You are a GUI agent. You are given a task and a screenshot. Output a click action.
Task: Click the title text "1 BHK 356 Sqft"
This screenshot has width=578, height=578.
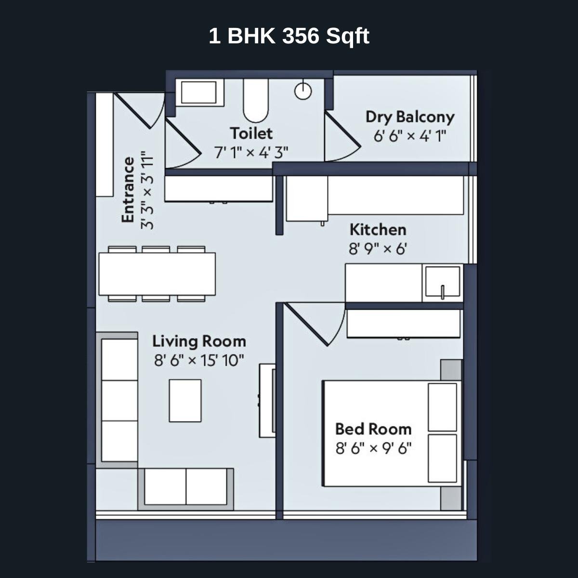coord(289,36)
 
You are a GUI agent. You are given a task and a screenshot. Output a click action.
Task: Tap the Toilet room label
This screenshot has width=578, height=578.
coord(251,133)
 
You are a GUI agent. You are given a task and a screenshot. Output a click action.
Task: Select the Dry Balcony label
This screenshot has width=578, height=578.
coord(409,117)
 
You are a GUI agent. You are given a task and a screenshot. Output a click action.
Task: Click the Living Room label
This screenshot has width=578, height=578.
coord(199,342)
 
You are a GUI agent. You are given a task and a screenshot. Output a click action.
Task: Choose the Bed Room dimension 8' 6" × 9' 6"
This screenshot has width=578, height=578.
coord(373,448)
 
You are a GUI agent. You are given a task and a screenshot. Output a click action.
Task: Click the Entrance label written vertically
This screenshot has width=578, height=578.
coord(128,190)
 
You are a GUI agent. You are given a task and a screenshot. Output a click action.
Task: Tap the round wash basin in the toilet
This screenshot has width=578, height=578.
coord(303,91)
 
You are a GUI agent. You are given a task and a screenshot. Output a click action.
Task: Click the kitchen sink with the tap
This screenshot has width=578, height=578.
coord(442,283)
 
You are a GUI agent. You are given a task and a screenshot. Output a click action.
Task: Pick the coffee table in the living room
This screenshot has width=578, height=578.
coord(185,400)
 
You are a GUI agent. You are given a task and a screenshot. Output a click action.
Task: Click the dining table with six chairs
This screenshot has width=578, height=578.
coord(157,274)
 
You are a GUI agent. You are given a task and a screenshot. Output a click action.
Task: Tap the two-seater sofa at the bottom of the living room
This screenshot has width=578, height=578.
coord(186,487)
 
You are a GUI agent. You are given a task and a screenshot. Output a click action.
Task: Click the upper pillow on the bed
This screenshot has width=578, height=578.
coord(442,407)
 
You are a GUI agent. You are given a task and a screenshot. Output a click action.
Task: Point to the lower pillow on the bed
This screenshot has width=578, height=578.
coord(442,459)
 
